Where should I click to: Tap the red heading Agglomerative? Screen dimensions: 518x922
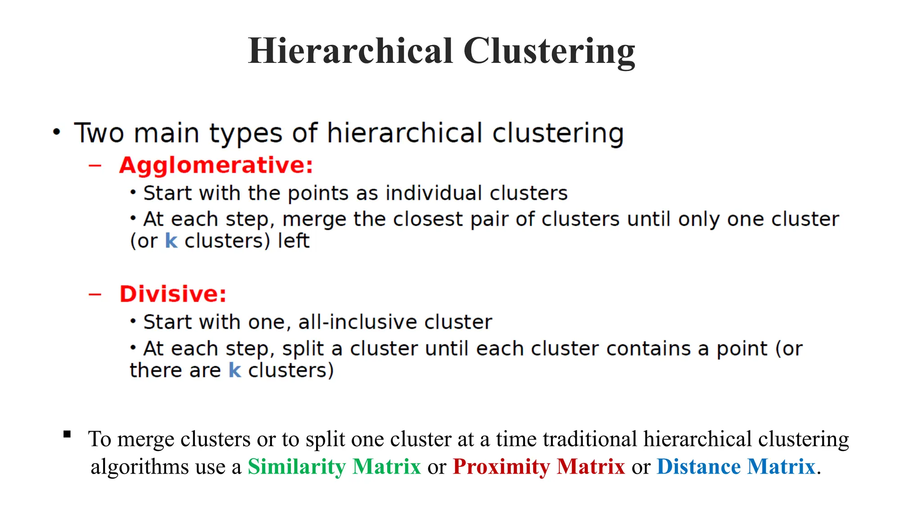point(216,165)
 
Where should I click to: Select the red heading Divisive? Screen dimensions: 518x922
point(173,294)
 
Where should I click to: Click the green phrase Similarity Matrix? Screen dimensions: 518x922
point(334,466)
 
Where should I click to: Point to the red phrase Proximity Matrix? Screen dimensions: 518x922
point(539,466)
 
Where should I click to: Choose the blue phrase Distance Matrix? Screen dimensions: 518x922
point(736,466)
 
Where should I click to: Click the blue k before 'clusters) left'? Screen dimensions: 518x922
point(171,241)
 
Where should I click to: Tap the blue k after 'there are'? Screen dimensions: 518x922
point(235,370)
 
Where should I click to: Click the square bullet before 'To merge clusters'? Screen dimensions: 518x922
point(67,434)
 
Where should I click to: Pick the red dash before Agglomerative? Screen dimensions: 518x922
point(95,165)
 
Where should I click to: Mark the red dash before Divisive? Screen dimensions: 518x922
point(95,295)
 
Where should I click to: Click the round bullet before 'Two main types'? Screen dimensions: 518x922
point(56,132)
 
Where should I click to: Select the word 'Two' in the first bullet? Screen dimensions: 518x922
point(99,133)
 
